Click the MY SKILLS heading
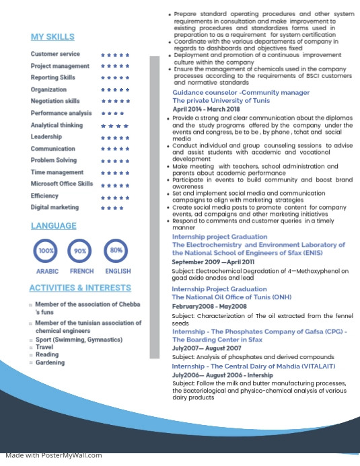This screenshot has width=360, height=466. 52,36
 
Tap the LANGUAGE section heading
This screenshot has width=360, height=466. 54,226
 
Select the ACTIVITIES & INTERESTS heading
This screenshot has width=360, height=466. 80,288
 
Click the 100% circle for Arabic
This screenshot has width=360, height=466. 46,251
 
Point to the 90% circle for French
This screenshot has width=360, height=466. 81,251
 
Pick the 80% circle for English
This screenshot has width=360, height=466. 116,251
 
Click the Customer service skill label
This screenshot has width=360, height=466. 55,54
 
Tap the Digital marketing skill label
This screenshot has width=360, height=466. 55,207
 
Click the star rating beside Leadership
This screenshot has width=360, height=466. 115,137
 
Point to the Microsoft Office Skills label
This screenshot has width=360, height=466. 62,184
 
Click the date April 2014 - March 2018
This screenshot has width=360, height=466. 206,109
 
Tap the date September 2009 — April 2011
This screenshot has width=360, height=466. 213,262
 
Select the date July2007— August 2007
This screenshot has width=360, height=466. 206,349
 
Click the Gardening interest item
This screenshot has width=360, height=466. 50,362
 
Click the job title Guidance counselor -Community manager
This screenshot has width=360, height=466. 241,92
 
